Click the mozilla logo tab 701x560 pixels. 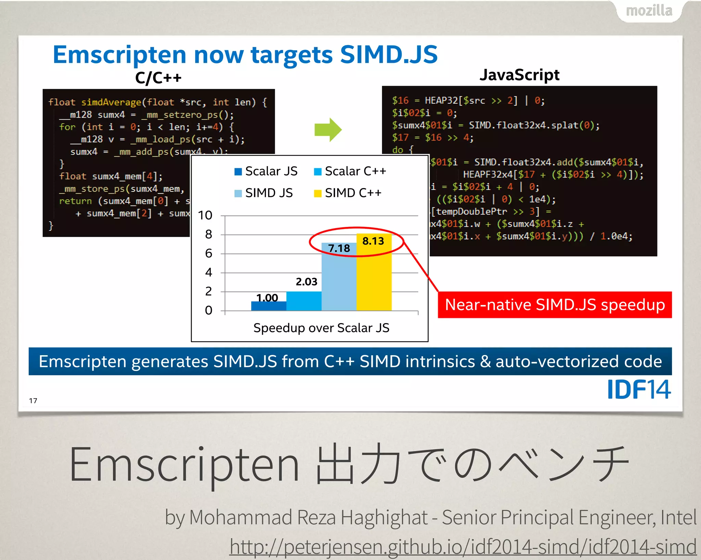(649, 11)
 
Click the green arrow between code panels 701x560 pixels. (328, 130)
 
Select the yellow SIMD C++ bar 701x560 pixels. (374, 277)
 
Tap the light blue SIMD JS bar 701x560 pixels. (339, 280)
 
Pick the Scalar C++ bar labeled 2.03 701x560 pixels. (304, 301)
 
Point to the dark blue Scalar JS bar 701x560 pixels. (269, 306)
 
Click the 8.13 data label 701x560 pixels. (373, 241)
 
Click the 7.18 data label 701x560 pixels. (339, 248)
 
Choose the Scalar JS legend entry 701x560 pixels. (266, 171)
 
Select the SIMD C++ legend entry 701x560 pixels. (348, 193)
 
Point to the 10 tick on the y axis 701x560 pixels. (205, 215)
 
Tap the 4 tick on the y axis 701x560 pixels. (208, 272)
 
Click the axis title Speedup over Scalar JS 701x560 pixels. (321, 328)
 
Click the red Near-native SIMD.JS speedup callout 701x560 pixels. (555, 305)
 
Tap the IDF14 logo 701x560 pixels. (639, 389)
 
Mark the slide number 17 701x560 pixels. (33, 401)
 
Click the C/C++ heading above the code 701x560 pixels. (158, 78)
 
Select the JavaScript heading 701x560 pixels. (519, 75)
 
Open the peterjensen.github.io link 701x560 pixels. (463, 546)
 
